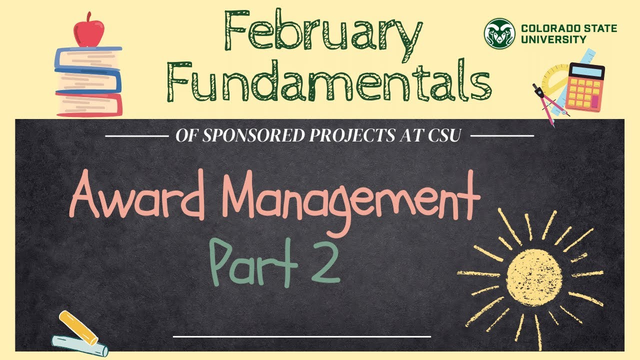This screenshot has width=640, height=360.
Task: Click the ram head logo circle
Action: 499,33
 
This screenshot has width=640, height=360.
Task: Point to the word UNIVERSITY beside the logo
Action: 553,39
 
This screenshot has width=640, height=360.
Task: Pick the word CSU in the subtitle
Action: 444,136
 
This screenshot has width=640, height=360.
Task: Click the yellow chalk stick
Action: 78,328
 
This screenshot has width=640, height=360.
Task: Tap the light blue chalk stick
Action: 80,345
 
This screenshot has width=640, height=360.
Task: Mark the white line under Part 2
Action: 301,336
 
